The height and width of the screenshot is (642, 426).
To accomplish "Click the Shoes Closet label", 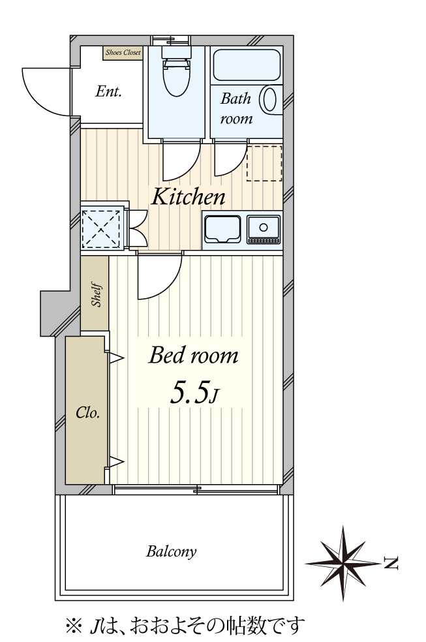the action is coord(123,52).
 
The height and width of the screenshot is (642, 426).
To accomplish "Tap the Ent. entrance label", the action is coord(108,91).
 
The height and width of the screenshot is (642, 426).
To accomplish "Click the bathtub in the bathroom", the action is coord(247,65).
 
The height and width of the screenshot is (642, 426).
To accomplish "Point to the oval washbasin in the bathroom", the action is coord(270,99).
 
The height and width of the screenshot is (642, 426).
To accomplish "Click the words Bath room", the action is coord(236,108).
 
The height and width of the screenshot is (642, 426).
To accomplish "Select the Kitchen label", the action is coord(189,197).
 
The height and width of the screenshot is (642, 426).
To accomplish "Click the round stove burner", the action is coord(264,227).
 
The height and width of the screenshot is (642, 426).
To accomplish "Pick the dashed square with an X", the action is coord(102,229).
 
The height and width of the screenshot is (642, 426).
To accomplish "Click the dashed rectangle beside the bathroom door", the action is coord(264,163).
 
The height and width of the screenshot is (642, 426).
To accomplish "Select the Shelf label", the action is coord(97,294).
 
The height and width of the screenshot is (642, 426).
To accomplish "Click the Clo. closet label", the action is coord(87,413).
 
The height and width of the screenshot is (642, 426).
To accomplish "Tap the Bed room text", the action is coord(193,355).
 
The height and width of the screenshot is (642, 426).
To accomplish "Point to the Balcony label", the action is coord(172,551).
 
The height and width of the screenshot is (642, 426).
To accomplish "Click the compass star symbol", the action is coord(343,564).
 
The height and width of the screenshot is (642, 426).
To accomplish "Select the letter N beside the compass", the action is coord(391,564).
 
